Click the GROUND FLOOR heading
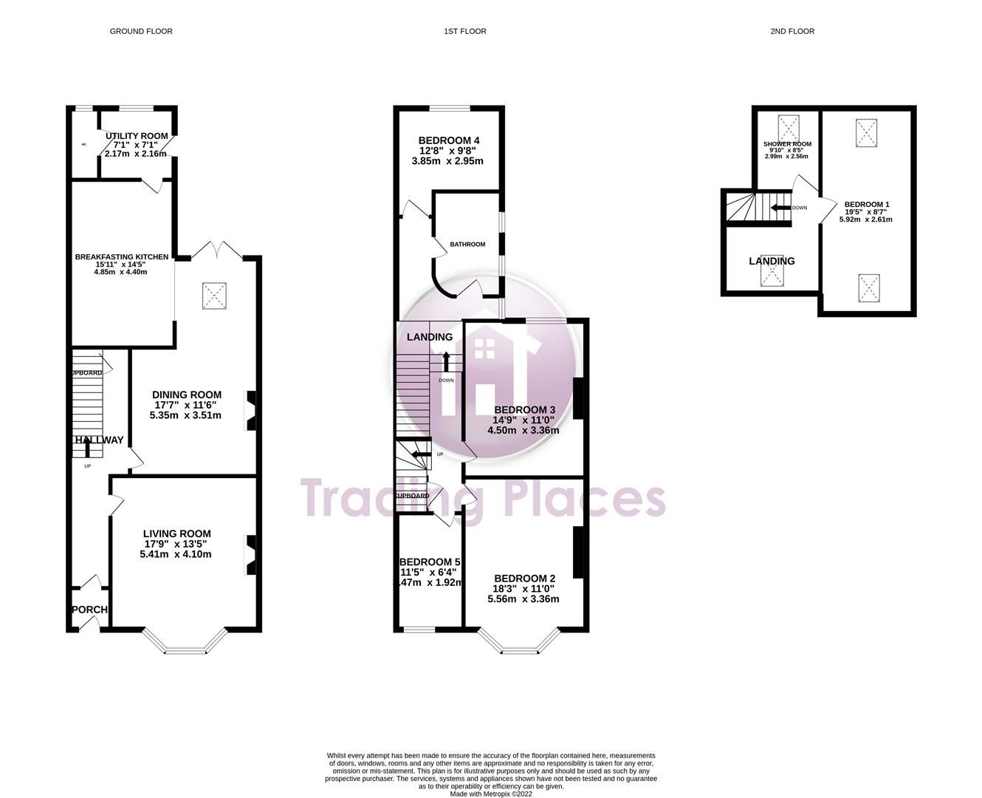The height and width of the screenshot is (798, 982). coord(141,31)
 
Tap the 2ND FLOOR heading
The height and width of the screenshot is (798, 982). coord(792,31)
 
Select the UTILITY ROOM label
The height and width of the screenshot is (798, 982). coord(137,136)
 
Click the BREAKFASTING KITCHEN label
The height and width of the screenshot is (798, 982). coord(121,257)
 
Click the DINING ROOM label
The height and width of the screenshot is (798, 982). coord(187,395)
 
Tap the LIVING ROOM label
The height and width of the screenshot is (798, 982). coord(176,533)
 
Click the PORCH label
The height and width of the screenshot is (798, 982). coord(90,610)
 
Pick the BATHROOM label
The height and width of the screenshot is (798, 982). coord(467,245)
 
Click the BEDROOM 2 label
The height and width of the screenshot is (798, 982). coord(524,578)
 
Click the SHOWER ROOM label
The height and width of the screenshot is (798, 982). coord(787,144)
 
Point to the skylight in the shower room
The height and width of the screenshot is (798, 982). coord(789,127)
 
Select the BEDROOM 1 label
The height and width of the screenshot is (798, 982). coord(867,205)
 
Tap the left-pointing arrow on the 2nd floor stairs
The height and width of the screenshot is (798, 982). coord(778,208)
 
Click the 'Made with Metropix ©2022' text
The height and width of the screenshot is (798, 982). coord(490,794)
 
